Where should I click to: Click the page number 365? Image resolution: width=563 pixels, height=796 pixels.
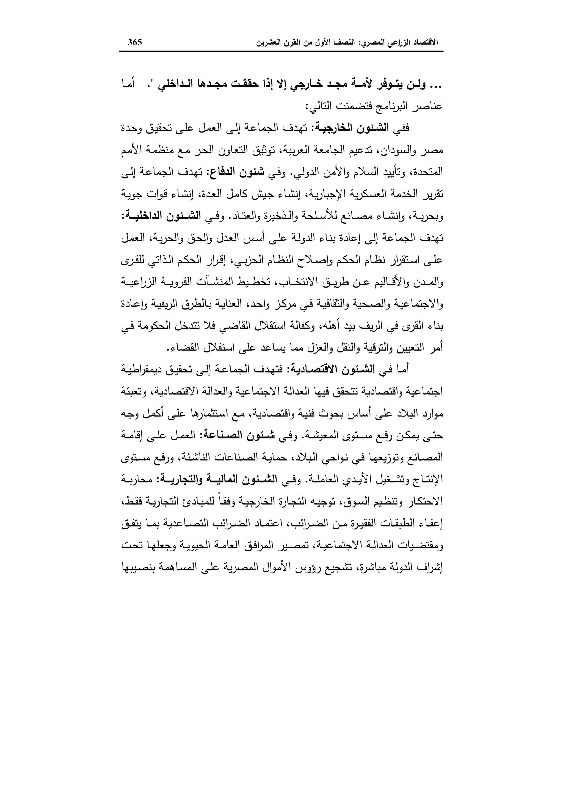point(135,43)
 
